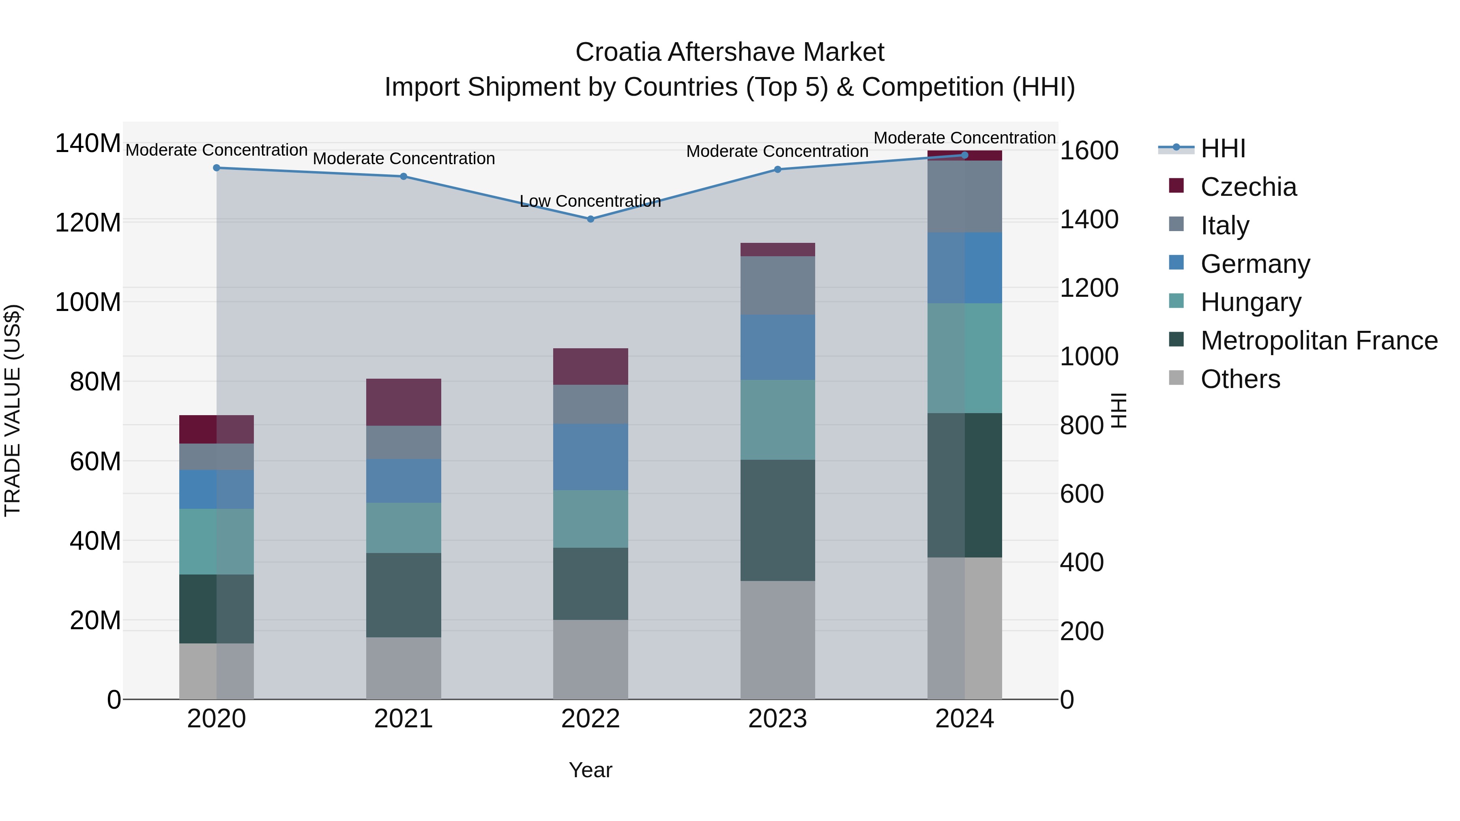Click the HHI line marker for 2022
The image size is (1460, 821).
tap(590, 219)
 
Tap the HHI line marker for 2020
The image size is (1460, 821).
tap(217, 168)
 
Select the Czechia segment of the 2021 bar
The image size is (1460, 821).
tap(404, 402)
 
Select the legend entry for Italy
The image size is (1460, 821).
tap(1224, 225)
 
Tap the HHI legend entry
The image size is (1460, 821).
tap(1222, 148)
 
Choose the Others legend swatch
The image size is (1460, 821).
tap(1176, 378)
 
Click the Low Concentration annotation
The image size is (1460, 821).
tap(590, 201)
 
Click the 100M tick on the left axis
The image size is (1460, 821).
tap(88, 302)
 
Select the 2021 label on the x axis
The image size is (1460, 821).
tap(404, 718)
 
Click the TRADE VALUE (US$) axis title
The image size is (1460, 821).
tap(13, 410)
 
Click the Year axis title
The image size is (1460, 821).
tap(590, 770)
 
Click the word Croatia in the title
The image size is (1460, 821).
tap(617, 52)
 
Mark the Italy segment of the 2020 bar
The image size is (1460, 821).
tap(217, 456)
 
